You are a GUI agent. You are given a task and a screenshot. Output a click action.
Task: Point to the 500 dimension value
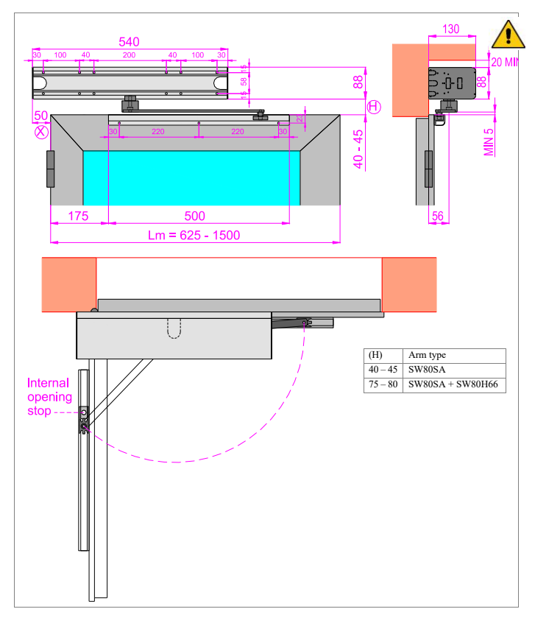(x=195, y=216)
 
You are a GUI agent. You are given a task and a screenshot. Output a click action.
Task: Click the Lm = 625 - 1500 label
(x=194, y=235)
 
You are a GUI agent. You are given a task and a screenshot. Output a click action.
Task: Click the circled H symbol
(x=374, y=108)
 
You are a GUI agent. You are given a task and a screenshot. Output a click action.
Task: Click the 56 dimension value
(x=436, y=216)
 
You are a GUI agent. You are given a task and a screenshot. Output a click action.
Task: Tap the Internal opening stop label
(x=49, y=397)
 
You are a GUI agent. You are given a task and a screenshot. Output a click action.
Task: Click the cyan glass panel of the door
(x=191, y=177)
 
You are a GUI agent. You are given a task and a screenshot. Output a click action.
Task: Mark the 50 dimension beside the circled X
(x=40, y=116)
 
